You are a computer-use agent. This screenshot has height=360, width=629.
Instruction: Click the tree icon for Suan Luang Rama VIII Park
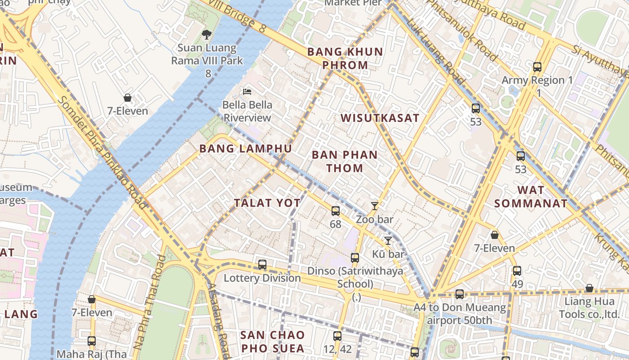(x=206, y=34)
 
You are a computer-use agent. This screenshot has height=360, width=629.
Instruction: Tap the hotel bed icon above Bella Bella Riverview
(x=247, y=91)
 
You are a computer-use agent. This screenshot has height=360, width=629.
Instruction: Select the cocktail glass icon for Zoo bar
(x=375, y=206)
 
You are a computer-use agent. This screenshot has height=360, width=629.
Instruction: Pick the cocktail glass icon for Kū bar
(x=388, y=241)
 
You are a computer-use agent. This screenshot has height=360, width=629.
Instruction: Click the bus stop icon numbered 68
(x=336, y=211)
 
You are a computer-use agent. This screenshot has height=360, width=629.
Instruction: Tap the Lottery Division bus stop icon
(x=262, y=265)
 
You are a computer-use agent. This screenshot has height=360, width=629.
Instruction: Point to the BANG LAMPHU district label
(x=245, y=148)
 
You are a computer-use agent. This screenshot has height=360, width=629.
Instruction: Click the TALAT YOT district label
(x=267, y=203)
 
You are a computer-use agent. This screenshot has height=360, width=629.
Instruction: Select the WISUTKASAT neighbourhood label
(x=380, y=118)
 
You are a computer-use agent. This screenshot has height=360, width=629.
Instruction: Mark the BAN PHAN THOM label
(x=345, y=162)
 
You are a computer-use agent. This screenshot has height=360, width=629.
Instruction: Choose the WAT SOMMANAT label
(x=531, y=197)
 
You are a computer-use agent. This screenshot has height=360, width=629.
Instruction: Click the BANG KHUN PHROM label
(x=345, y=58)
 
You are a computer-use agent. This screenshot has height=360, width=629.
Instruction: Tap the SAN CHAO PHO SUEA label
(x=273, y=342)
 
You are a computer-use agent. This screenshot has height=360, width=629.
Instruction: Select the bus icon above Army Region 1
(x=537, y=67)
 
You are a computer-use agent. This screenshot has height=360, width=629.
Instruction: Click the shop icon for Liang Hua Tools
(x=589, y=288)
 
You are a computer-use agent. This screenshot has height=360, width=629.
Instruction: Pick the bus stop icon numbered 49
(x=517, y=271)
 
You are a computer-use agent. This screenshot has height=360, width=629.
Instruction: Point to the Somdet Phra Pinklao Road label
(x=103, y=153)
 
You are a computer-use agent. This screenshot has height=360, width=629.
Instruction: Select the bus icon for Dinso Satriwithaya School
(x=355, y=258)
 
